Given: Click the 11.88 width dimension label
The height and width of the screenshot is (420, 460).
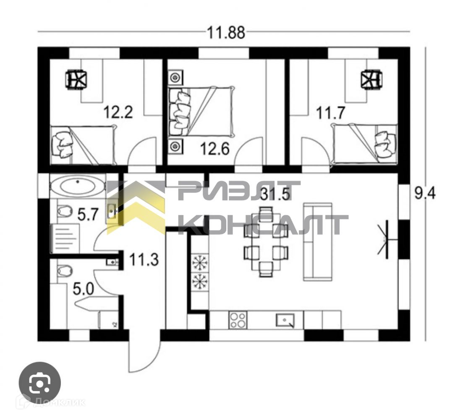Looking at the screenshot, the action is tap(226, 33).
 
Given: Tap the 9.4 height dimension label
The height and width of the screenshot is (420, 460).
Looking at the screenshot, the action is tap(425, 194).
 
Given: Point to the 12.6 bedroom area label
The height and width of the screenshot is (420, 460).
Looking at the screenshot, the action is tap(215, 149).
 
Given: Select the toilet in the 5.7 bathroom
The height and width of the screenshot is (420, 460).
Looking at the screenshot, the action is tap(64, 210).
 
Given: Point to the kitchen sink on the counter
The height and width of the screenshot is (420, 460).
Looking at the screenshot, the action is tap(285, 320).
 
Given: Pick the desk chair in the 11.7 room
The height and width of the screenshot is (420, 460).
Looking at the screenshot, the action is tap(371, 79).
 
